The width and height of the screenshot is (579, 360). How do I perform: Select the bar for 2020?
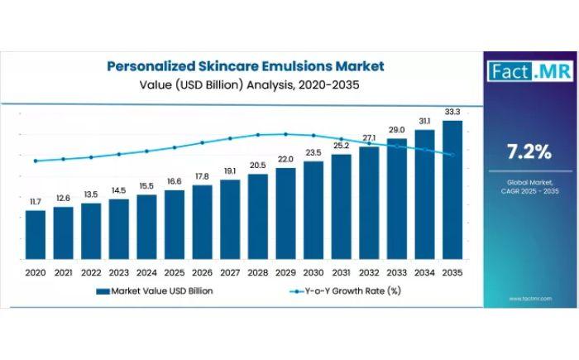36,234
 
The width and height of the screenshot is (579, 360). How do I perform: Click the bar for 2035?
452,190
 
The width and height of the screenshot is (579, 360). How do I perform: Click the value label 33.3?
452,111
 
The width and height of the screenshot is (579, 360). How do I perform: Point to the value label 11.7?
36,201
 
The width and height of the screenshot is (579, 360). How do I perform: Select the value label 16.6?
175,181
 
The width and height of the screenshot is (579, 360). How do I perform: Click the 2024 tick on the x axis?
146,271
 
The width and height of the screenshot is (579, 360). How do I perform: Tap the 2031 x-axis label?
341,271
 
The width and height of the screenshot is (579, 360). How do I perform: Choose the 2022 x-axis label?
91,271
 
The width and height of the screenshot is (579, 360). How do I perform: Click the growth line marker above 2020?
36,161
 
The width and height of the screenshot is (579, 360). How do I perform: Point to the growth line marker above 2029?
285,134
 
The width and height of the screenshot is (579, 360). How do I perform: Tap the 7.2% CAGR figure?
529,151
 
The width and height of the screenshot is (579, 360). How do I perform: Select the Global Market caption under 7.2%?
529,185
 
